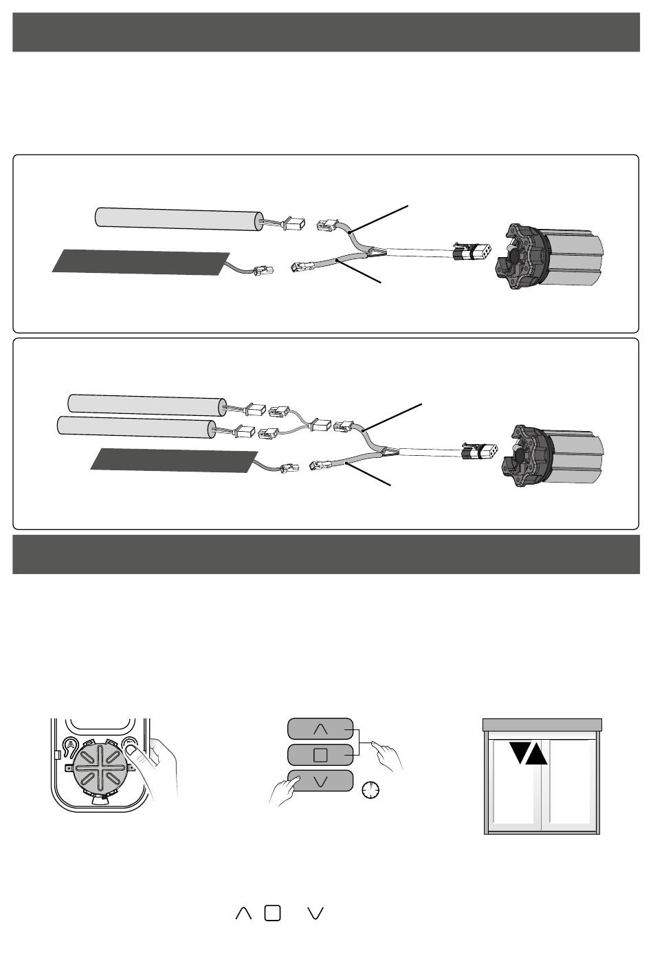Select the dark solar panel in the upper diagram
pyautogui.click(x=141, y=261)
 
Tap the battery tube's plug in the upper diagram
pyautogui.click(x=293, y=223)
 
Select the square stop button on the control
pyautogui.click(x=320, y=754)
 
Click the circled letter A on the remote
pyautogui.click(x=69, y=744)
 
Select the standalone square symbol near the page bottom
pyautogui.click(x=272, y=912)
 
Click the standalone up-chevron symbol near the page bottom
pyautogui.click(x=243, y=912)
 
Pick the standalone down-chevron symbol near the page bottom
pyautogui.click(x=316, y=912)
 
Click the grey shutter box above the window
pyautogui.click(x=542, y=725)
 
